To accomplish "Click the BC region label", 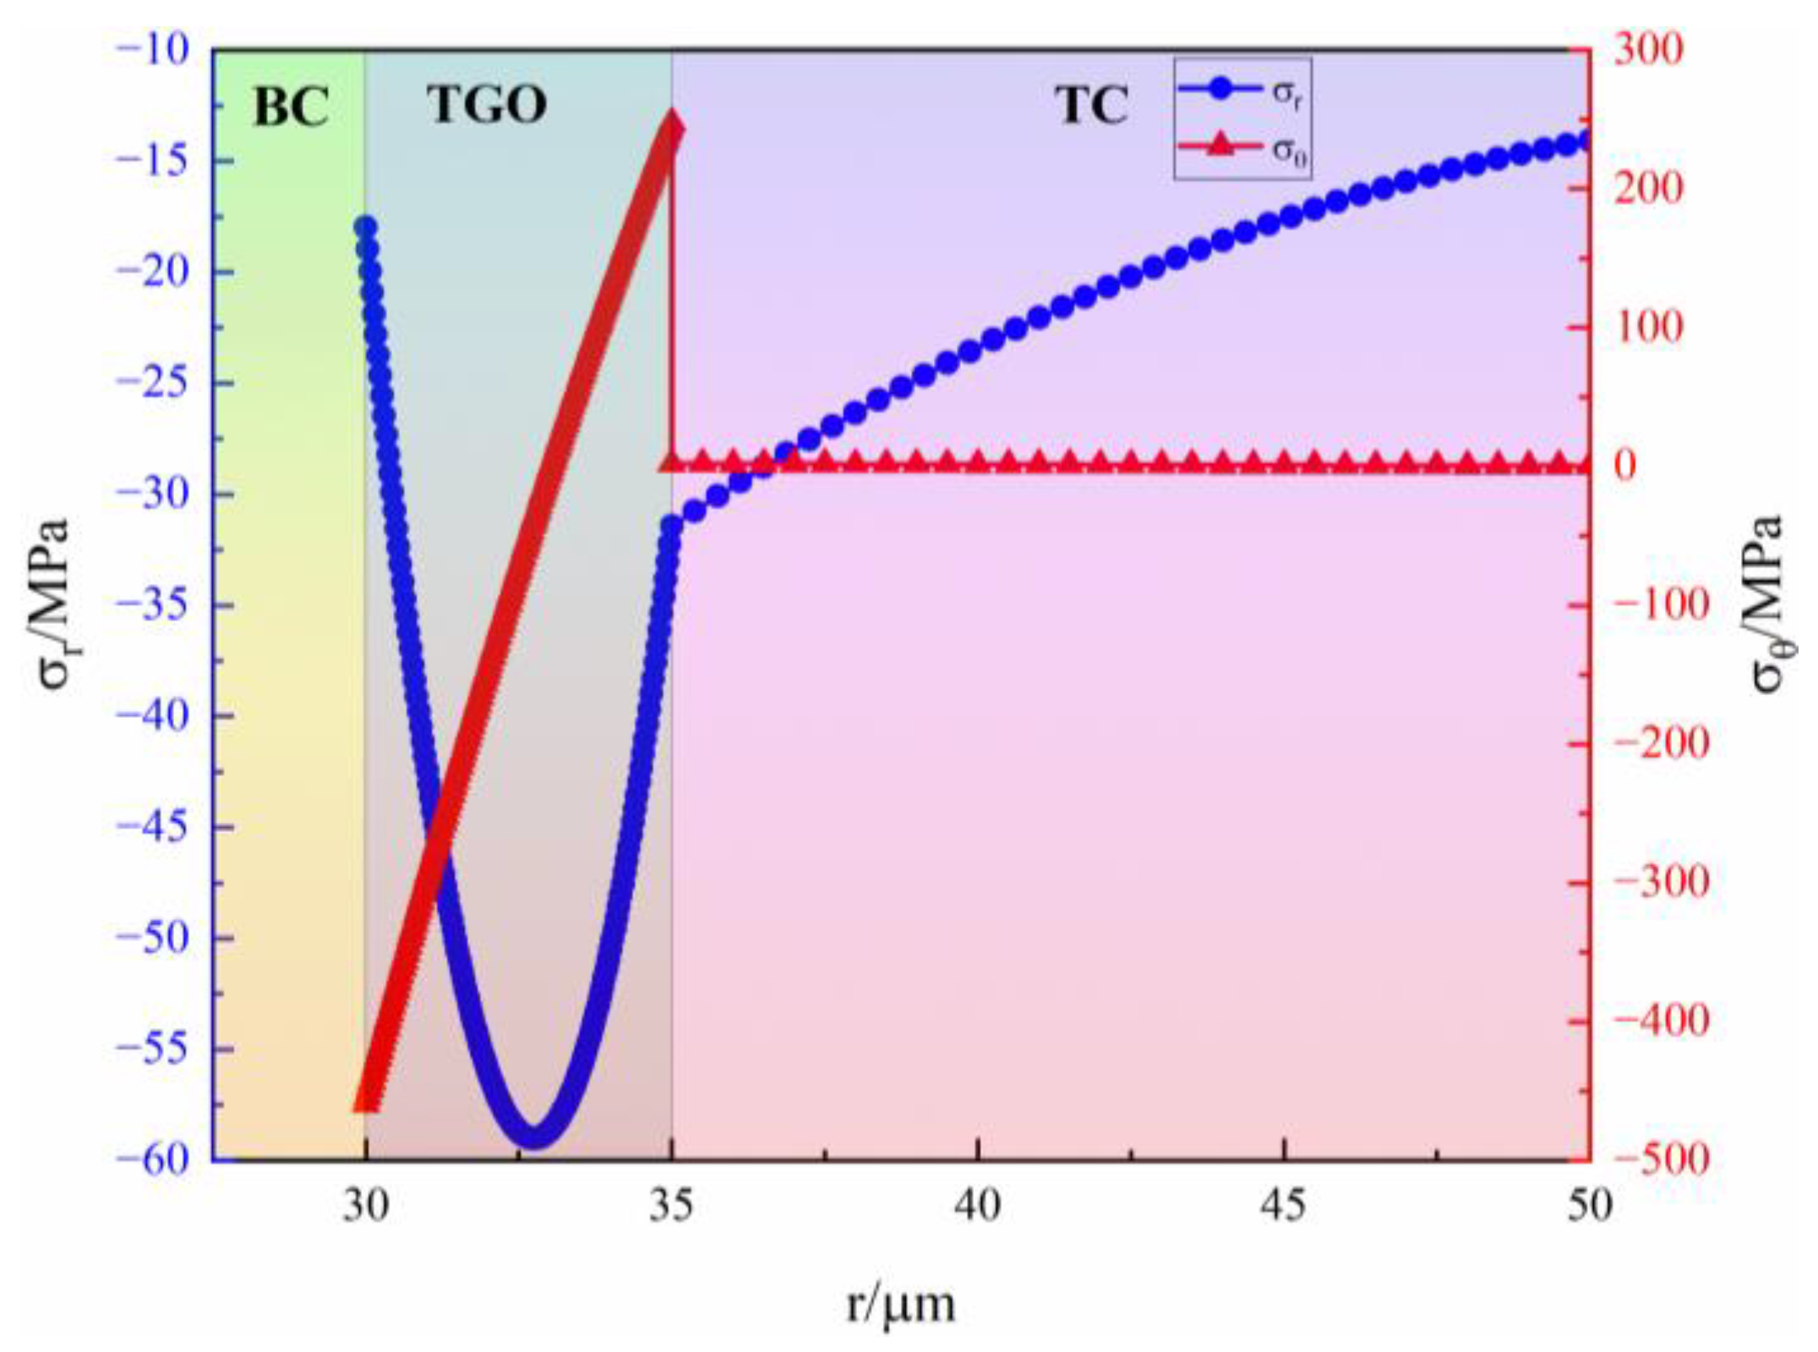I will [291, 107].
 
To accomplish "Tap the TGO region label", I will [487, 105].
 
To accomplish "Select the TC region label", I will [1091, 107].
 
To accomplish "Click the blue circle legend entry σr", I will [1242, 91].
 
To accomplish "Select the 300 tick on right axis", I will [1648, 50].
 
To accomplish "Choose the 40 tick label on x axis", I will [977, 1206].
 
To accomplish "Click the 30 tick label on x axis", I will [365, 1206].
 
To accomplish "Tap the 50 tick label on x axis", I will [1589, 1206].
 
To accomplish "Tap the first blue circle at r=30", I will [365, 227].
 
